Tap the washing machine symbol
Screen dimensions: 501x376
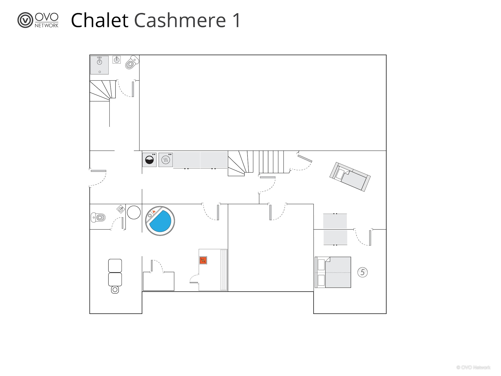pos(149,160)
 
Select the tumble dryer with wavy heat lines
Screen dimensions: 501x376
pos(166,160)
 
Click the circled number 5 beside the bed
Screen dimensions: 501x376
pos(362,272)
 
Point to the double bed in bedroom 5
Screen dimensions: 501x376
pos(333,272)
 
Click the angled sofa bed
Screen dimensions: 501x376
pos(350,177)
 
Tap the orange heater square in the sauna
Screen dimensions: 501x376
pos(203,260)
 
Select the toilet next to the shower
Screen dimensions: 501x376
pos(132,62)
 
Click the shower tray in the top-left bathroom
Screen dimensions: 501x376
pos(99,65)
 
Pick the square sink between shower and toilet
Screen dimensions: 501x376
pos(117,60)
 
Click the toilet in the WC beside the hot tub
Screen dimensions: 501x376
pos(98,217)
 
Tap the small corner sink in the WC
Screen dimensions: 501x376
pos(121,209)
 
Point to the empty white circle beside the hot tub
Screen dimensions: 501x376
pos(134,212)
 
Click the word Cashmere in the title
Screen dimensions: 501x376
pos(180,20)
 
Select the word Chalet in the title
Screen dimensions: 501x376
pos(100,20)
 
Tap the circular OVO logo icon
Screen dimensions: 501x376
pos(25,20)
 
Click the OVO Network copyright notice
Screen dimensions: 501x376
pos(473,367)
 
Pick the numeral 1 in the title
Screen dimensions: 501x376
pos(237,20)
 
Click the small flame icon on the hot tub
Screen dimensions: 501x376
pos(154,211)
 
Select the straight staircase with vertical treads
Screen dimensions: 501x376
pos(271,162)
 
